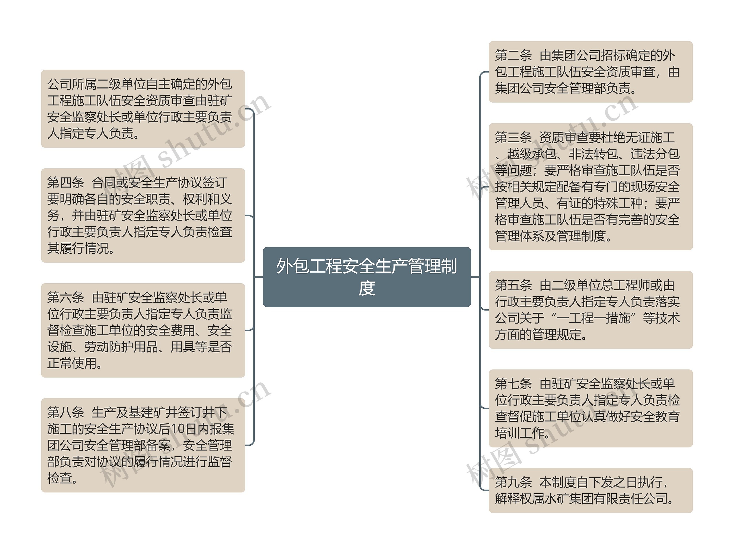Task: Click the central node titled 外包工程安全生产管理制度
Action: [367, 277]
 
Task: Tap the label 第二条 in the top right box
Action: [513, 56]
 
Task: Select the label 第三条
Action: [513, 137]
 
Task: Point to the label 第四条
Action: [65, 183]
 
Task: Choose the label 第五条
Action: [513, 286]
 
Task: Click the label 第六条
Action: [65, 298]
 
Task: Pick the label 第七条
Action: [513, 384]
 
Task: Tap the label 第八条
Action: [65, 413]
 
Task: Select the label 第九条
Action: [513, 482]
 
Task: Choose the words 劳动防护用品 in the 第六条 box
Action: [121, 347]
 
